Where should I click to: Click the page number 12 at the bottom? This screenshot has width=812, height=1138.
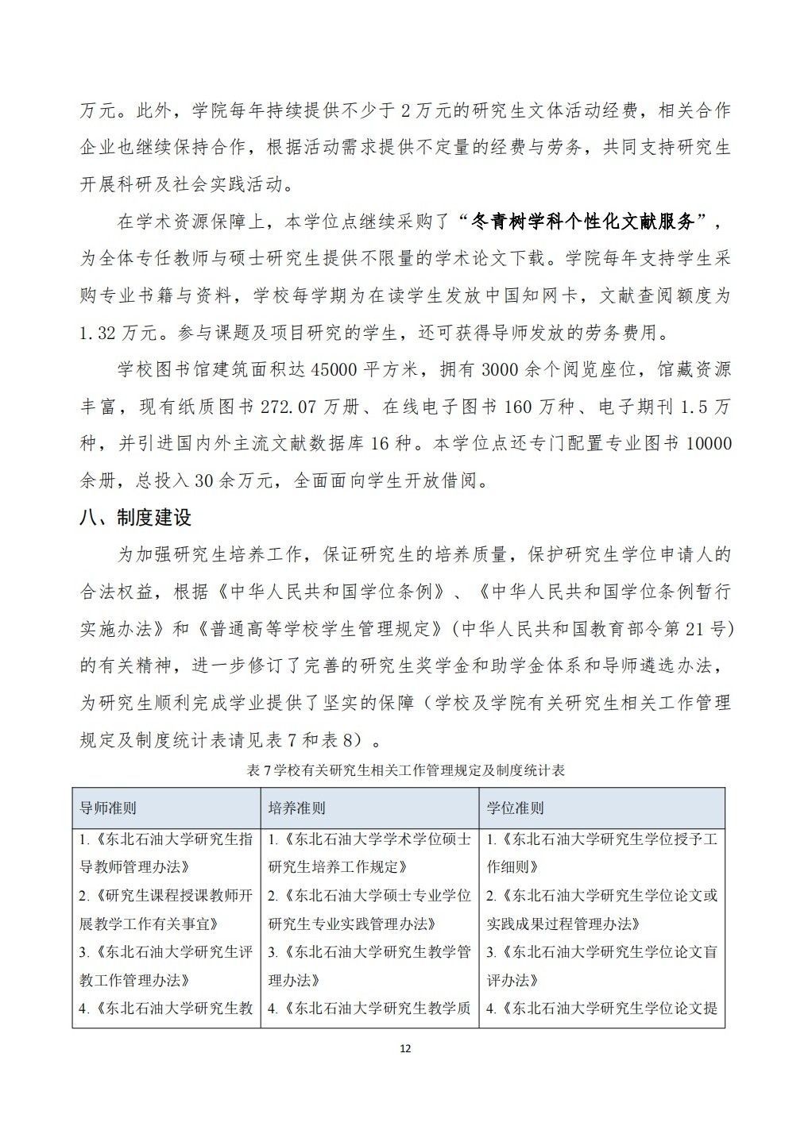pos(405,1049)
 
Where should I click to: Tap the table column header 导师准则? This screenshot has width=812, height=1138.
pos(108,808)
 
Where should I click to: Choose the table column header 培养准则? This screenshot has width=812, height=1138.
pos(296,808)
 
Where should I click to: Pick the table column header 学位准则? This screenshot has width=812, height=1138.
pos(515,808)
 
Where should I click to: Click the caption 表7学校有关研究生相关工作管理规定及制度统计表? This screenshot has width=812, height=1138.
pos(405,770)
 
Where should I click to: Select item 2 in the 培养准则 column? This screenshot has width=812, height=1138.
pos(369,909)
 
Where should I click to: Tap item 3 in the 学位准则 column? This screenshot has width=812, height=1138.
pos(601,966)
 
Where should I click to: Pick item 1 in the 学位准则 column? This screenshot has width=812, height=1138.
pos(601,852)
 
